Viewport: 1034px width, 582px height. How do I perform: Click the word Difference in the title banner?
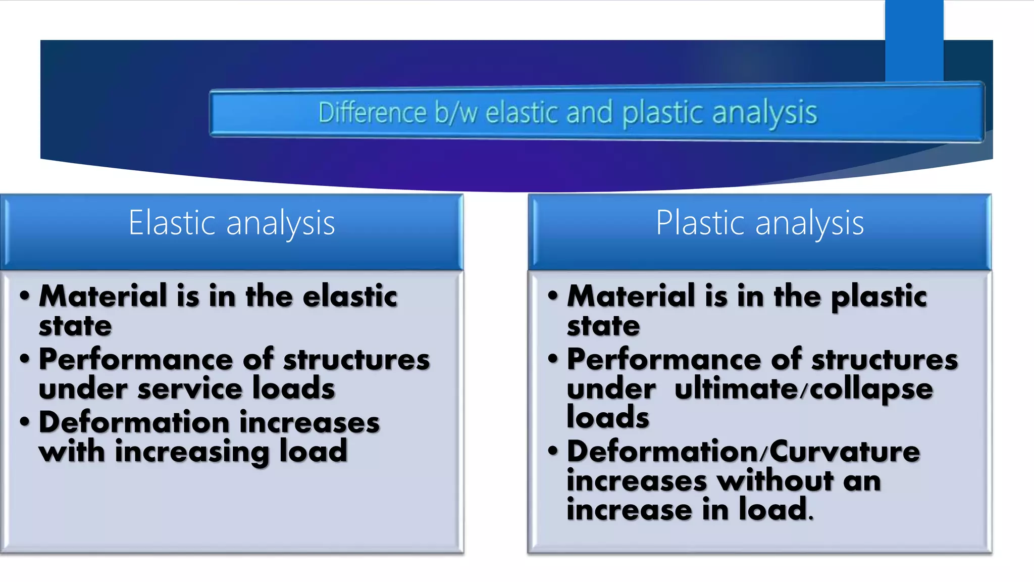[x=372, y=112]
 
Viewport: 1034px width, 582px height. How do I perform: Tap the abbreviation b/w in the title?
[x=456, y=112]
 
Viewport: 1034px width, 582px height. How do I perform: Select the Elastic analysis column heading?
[x=232, y=223]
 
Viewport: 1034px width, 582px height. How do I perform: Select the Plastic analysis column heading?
[x=760, y=223]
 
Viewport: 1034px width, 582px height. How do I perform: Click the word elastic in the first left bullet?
[x=350, y=296]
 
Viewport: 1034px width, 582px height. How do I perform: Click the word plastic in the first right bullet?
[x=879, y=297]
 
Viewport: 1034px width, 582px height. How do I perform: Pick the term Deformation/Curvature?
[x=743, y=451]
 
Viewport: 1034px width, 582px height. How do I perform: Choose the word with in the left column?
[x=72, y=451]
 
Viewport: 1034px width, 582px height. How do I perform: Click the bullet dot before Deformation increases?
[x=25, y=421]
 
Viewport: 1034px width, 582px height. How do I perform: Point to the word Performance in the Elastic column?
[x=136, y=360]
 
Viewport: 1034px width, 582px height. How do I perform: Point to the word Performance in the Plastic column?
[x=664, y=360]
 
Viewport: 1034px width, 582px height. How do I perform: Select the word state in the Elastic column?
[x=75, y=326]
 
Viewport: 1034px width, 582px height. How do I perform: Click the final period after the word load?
[x=811, y=518]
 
